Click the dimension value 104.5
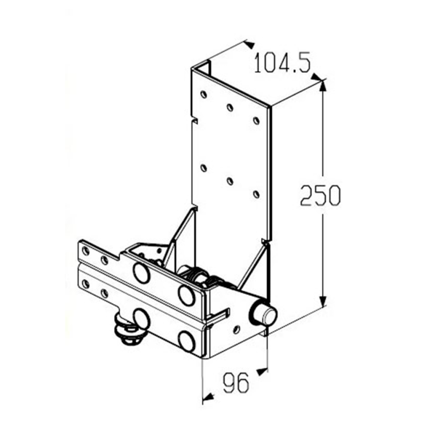coord(282,63)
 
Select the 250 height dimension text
coord(320,195)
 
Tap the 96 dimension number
coord(236,383)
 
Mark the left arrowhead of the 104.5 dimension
coord(249,44)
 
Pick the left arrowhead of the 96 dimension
coord(208,397)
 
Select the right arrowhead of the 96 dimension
coord(263,371)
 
